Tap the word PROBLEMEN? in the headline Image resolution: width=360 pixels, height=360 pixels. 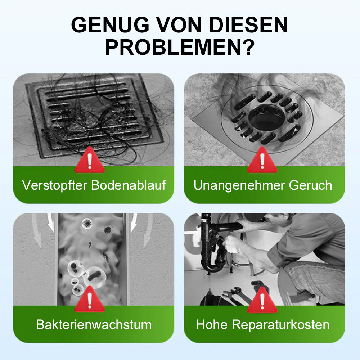click(x=180, y=47)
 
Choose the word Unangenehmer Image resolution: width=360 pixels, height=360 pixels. click(x=239, y=185)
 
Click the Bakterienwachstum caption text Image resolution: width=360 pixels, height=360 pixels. click(x=94, y=325)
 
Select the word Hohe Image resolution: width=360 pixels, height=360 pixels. click(x=212, y=325)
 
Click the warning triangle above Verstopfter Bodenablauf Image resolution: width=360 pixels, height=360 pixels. click(x=90, y=162)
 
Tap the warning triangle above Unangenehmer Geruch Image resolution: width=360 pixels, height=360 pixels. click(x=262, y=162)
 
